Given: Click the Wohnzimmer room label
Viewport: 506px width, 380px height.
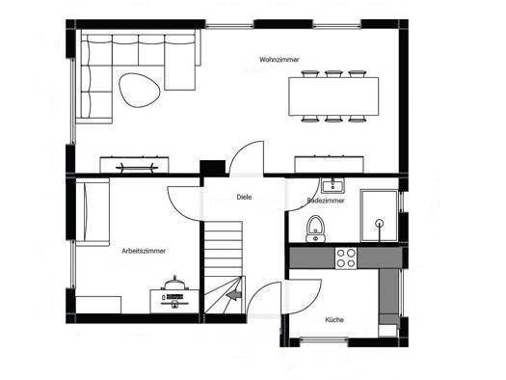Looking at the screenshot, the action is click(x=280, y=60).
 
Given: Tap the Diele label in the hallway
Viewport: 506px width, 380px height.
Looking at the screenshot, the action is click(x=244, y=197).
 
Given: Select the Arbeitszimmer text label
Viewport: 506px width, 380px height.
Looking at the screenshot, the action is click(x=144, y=251).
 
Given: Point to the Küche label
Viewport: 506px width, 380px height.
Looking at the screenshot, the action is click(x=334, y=320).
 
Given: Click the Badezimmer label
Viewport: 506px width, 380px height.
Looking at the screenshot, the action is click(x=326, y=201).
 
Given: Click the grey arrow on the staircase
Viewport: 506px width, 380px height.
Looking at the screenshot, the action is click(x=234, y=295).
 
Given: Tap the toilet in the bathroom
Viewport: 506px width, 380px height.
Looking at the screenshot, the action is click(x=315, y=229).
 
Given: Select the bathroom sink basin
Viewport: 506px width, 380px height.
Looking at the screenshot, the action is click(x=333, y=185).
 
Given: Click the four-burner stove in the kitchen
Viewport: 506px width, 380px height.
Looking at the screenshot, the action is click(x=346, y=258).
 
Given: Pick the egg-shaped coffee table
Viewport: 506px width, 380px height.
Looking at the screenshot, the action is click(x=139, y=90).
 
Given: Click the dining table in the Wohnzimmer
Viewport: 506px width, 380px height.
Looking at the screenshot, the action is click(x=333, y=96).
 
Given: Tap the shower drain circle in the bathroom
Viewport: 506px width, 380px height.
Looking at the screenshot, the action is click(x=380, y=223).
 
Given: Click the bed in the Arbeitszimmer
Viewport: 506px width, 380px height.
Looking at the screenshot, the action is click(x=93, y=212).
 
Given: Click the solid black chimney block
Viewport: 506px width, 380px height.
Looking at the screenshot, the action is click(x=212, y=168).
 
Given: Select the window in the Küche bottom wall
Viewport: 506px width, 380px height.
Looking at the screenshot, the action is click(x=324, y=339).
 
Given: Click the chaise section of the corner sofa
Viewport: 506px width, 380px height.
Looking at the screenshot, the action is click(x=179, y=63).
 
